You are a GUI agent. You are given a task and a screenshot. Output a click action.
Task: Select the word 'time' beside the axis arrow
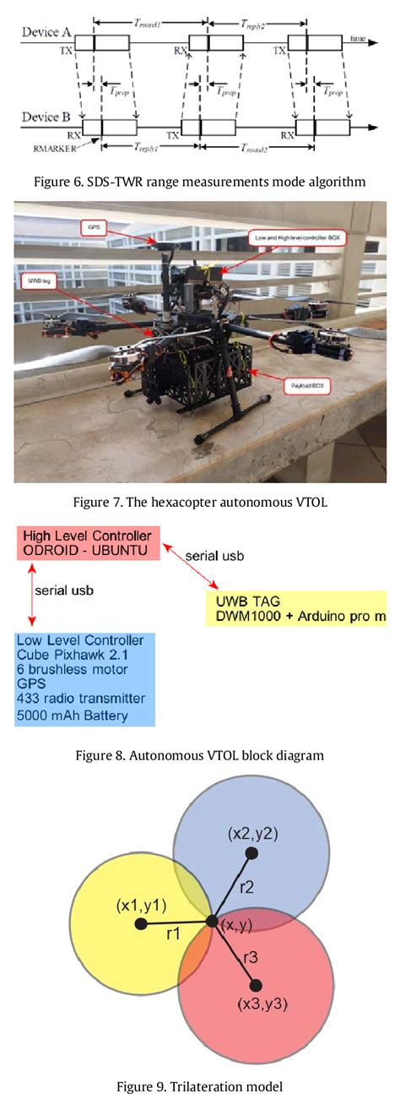pos(359,39)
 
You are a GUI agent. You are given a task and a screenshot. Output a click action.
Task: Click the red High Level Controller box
pos(88,542)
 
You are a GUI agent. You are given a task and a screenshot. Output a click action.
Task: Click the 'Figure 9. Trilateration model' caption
pos(199,1086)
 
